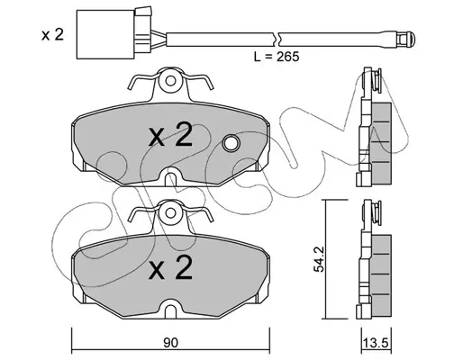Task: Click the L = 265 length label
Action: [277, 57]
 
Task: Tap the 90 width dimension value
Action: [170, 343]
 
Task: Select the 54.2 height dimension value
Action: [319, 259]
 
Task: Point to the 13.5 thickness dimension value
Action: [376, 343]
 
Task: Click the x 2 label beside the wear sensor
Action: [52, 35]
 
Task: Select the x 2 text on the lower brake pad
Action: [170, 268]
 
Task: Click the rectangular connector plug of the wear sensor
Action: [105, 34]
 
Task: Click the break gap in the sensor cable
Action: [277, 40]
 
